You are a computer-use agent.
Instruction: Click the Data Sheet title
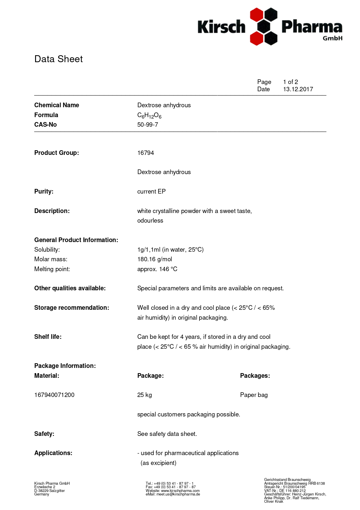(58, 59)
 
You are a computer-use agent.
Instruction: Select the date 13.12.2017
(298, 89)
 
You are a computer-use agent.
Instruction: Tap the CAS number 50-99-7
(147, 125)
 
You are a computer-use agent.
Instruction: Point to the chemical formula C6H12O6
(149, 115)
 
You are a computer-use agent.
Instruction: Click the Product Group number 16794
(145, 153)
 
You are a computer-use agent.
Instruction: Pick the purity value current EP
(151, 192)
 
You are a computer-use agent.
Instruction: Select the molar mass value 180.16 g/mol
(154, 259)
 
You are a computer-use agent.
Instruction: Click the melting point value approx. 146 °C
(157, 269)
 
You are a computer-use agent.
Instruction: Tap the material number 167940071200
(54, 395)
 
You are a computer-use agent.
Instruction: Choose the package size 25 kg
(144, 395)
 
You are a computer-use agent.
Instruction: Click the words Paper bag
(254, 395)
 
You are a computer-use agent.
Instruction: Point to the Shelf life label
(48, 337)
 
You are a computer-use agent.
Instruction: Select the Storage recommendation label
(72, 308)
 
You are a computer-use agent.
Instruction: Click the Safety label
(44, 434)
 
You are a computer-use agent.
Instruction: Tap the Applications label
(53, 453)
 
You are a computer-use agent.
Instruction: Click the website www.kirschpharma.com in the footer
(180, 491)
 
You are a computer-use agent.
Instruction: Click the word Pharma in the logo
(312, 27)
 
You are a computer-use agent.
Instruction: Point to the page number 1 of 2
(291, 82)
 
